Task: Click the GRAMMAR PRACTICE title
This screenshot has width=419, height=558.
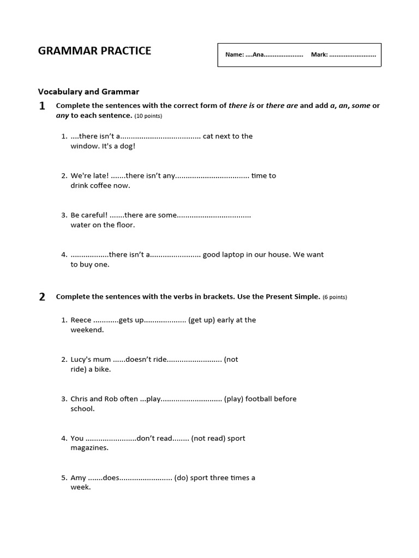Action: point(94,51)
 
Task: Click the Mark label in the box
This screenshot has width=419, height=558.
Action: point(319,55)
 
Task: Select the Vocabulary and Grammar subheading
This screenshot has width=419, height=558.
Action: point(88,92)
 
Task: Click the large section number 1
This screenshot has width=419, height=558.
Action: point(42,107)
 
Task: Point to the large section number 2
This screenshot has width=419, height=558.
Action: point(42,297)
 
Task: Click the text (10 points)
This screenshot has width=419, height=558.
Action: point(148,116)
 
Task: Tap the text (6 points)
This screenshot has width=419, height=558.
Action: point(334,298)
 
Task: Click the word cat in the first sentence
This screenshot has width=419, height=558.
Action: point(208,136)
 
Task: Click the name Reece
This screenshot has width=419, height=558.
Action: point(81,320)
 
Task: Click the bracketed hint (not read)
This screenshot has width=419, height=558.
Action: point(208,438)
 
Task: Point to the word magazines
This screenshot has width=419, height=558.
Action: point(89,448)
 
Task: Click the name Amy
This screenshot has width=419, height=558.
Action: point(79,478)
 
